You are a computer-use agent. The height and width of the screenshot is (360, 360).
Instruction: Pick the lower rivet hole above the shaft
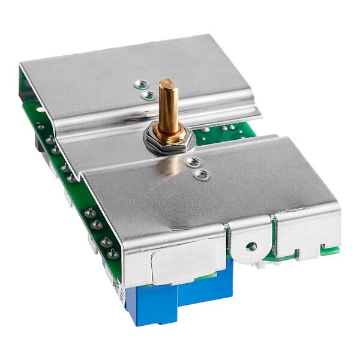click(x=148, y=94)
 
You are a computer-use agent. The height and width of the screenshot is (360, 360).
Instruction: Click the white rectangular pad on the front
click(x=184, y=261)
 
